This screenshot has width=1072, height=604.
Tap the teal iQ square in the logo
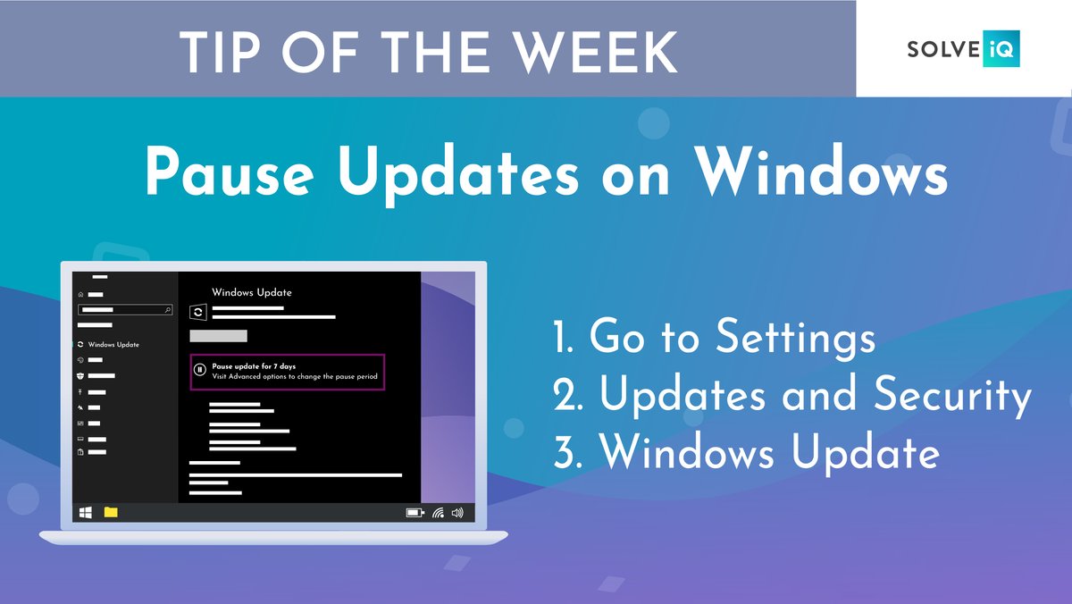pos(1001,49)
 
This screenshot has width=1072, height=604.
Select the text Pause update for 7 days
pos(254,366)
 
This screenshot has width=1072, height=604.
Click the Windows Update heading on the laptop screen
pos(251,292)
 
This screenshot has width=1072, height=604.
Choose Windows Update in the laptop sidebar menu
pos(113,345)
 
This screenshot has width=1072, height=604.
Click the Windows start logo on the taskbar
pos(86,512)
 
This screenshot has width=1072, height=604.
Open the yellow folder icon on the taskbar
pos(111,512)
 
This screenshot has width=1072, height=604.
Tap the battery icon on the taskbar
pos(415,513)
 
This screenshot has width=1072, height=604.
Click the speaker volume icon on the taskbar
pos(458,513)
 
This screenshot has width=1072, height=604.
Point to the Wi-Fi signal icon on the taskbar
pos(438,513)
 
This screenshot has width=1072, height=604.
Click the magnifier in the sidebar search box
pos(168,309)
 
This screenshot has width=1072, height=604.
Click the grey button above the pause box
pos(219,336)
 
